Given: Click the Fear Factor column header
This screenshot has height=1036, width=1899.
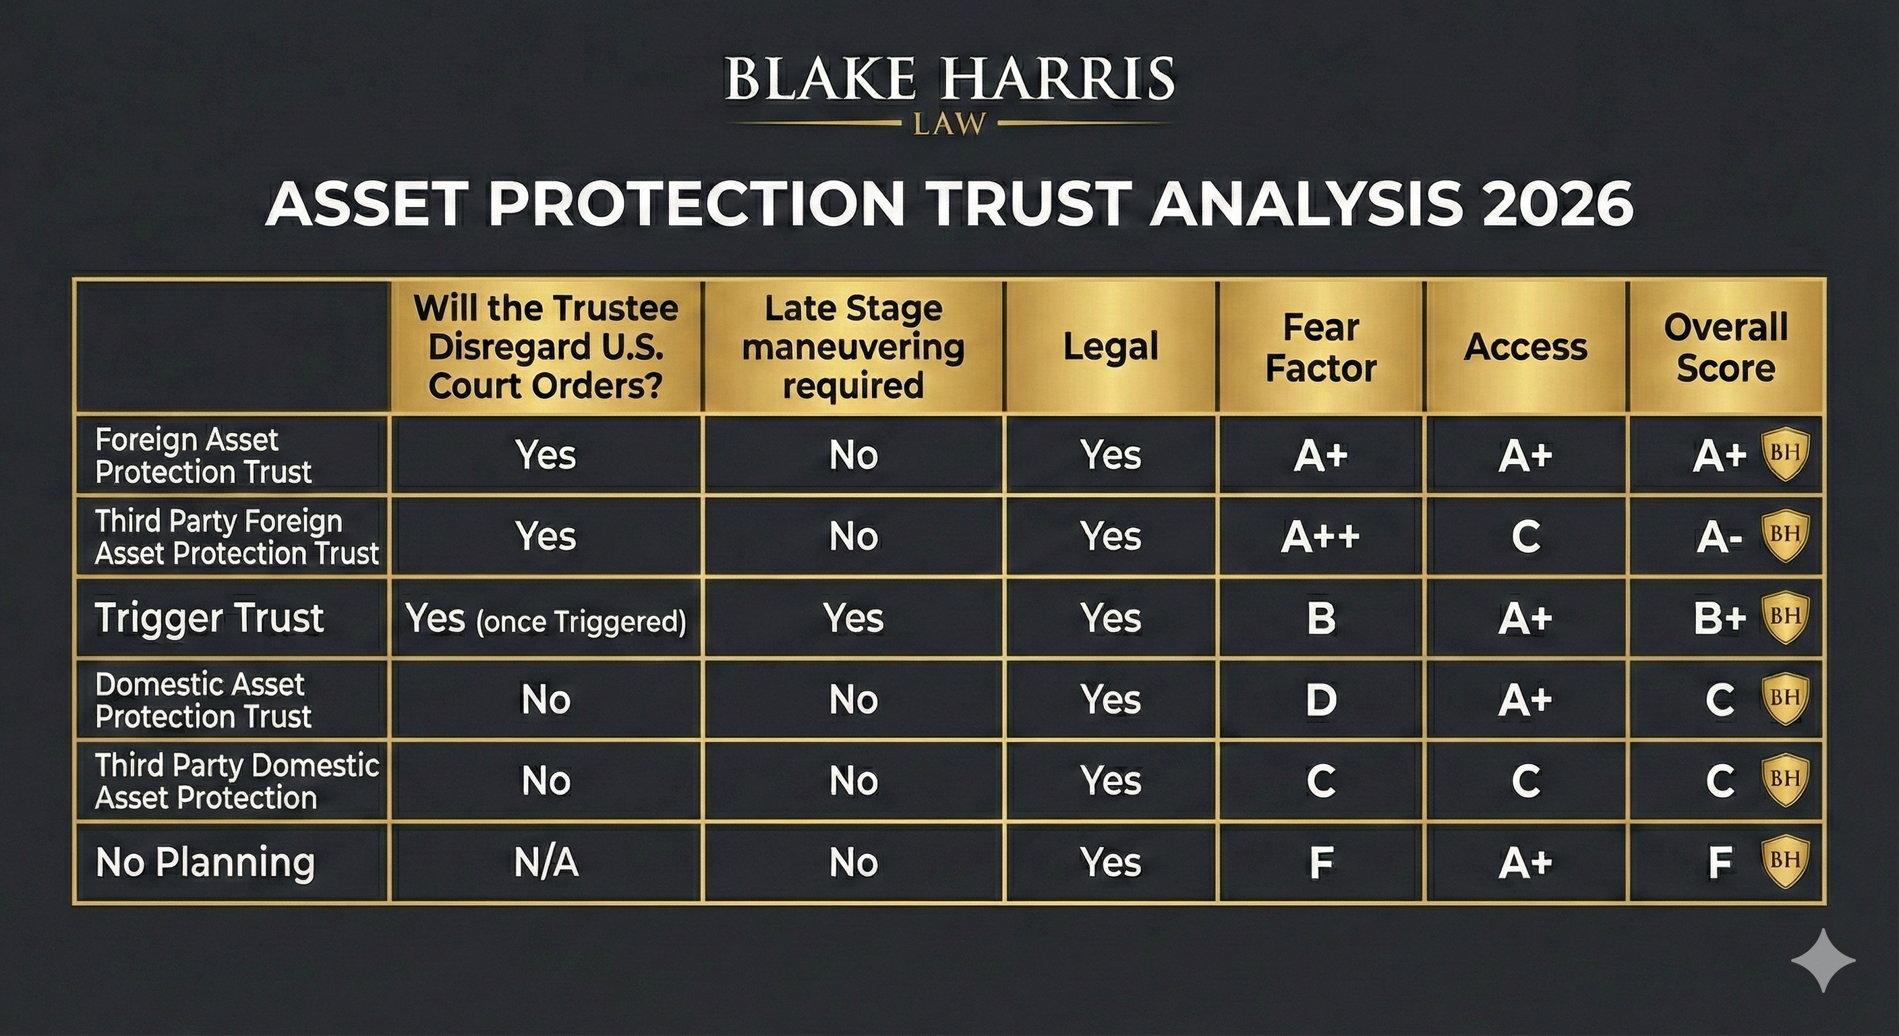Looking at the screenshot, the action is [x=1320, y=347].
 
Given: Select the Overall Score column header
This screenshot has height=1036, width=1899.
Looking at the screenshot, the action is [x=1726, y=347].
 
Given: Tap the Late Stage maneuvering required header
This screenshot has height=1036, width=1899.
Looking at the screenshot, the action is [x=853, y=347].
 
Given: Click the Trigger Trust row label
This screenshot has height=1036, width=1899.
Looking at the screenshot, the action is [x=209, y=617].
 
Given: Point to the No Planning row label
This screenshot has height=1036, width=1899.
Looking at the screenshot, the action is [x=205, y=862].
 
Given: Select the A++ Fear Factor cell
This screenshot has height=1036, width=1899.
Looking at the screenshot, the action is [x=1320, y=536].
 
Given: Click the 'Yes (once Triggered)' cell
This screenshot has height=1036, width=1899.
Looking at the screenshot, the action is [x=546, y=618].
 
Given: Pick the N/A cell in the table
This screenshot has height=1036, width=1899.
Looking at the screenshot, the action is [x=546, y=862].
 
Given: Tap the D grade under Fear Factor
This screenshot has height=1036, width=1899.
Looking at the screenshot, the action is [x=1320, y=699].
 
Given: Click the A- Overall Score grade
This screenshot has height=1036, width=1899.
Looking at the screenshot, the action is [x=1719, y=538].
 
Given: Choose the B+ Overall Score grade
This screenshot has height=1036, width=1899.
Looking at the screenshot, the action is [x=1720, y=618].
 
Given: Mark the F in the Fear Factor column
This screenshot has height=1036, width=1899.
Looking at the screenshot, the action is [x=1321, y=862].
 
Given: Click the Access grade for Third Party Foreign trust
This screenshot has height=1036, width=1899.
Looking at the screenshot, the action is [x=1525, y=537].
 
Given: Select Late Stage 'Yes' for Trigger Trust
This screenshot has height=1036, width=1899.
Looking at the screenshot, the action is [x=853, y=618].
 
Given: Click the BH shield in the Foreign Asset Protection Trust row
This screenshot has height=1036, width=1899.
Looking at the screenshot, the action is [x=1785, y=453].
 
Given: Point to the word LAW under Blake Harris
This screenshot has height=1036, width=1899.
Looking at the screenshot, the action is [x=949, y=124].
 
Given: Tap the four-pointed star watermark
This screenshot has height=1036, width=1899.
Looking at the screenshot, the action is [x=1823, y=960].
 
